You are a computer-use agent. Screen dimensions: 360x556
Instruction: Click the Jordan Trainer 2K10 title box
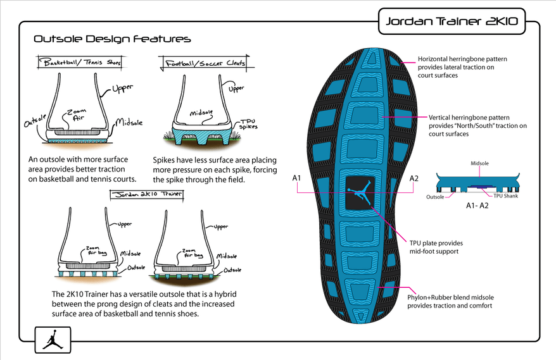pyautogui.click(x=452, y=22)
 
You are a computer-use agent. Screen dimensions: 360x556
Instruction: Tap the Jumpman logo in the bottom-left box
pyautogui.click(x=51, y=341)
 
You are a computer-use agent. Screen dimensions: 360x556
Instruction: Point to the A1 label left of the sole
pyautogui.click(x=296, y=179)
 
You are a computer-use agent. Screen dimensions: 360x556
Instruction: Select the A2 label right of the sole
pyautogui.click(x=414, y=179)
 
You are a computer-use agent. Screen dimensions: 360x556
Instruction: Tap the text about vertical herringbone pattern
pyautogui.click(x=477, y=125)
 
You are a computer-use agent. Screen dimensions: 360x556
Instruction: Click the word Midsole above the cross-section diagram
pyautogui.click(x=479, y=163)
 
